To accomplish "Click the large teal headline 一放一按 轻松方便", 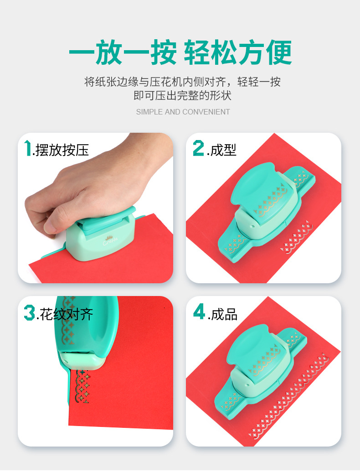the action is click(180, 52).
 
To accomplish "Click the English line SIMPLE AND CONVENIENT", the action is click(183, 112).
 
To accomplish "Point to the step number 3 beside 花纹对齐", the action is click(30, 312).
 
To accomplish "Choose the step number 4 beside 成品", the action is click(199, 312).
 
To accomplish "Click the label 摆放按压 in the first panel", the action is click(62, 150).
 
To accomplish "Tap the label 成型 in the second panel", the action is click(223, 150).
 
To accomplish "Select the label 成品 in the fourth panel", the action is click(224, 314).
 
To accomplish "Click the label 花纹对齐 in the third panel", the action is click(66, 314).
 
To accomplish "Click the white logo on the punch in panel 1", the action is click(110, 240).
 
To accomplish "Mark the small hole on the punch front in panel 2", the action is click(252, 226).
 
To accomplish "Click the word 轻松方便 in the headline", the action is click(238, 52).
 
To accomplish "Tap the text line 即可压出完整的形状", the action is click(183, 96).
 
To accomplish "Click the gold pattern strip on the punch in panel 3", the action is click(68, 321).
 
